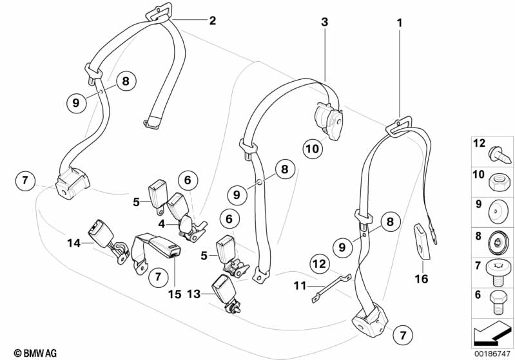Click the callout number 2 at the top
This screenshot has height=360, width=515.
tap(213, 21)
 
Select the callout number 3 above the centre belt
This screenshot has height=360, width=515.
tap(324, 22)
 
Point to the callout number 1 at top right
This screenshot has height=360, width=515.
tap(400, 23)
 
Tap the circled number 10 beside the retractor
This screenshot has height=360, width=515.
tap(313, 149)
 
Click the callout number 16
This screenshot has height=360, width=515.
tap(422, 279)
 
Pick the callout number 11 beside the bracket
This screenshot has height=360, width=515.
tap(300, 286)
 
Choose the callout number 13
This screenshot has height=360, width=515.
tap(194, 294)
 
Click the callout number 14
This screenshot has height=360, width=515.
tap(73, 243)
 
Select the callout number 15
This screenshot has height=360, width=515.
tap(175, 294)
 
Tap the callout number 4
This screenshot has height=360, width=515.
tap(161, 224)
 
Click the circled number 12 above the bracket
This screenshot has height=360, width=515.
tap(320, 264)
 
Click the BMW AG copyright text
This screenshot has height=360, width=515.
tap(35, 353)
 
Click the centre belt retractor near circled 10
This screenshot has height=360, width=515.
tap(329, 121)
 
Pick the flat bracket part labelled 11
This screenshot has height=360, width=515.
tap(331, 287)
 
